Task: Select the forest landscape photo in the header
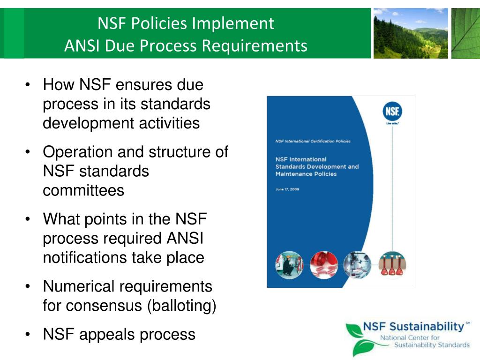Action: [410, 33]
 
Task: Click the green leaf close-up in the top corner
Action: [465, 33]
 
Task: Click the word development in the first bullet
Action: [88, 124]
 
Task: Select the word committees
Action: [83, 191]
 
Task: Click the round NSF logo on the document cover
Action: [392, 112]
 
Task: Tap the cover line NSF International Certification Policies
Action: [313, 141]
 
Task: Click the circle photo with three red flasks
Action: [392, 265]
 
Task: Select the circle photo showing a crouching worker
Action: [289, 265]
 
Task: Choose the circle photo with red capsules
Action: [323, 265]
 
